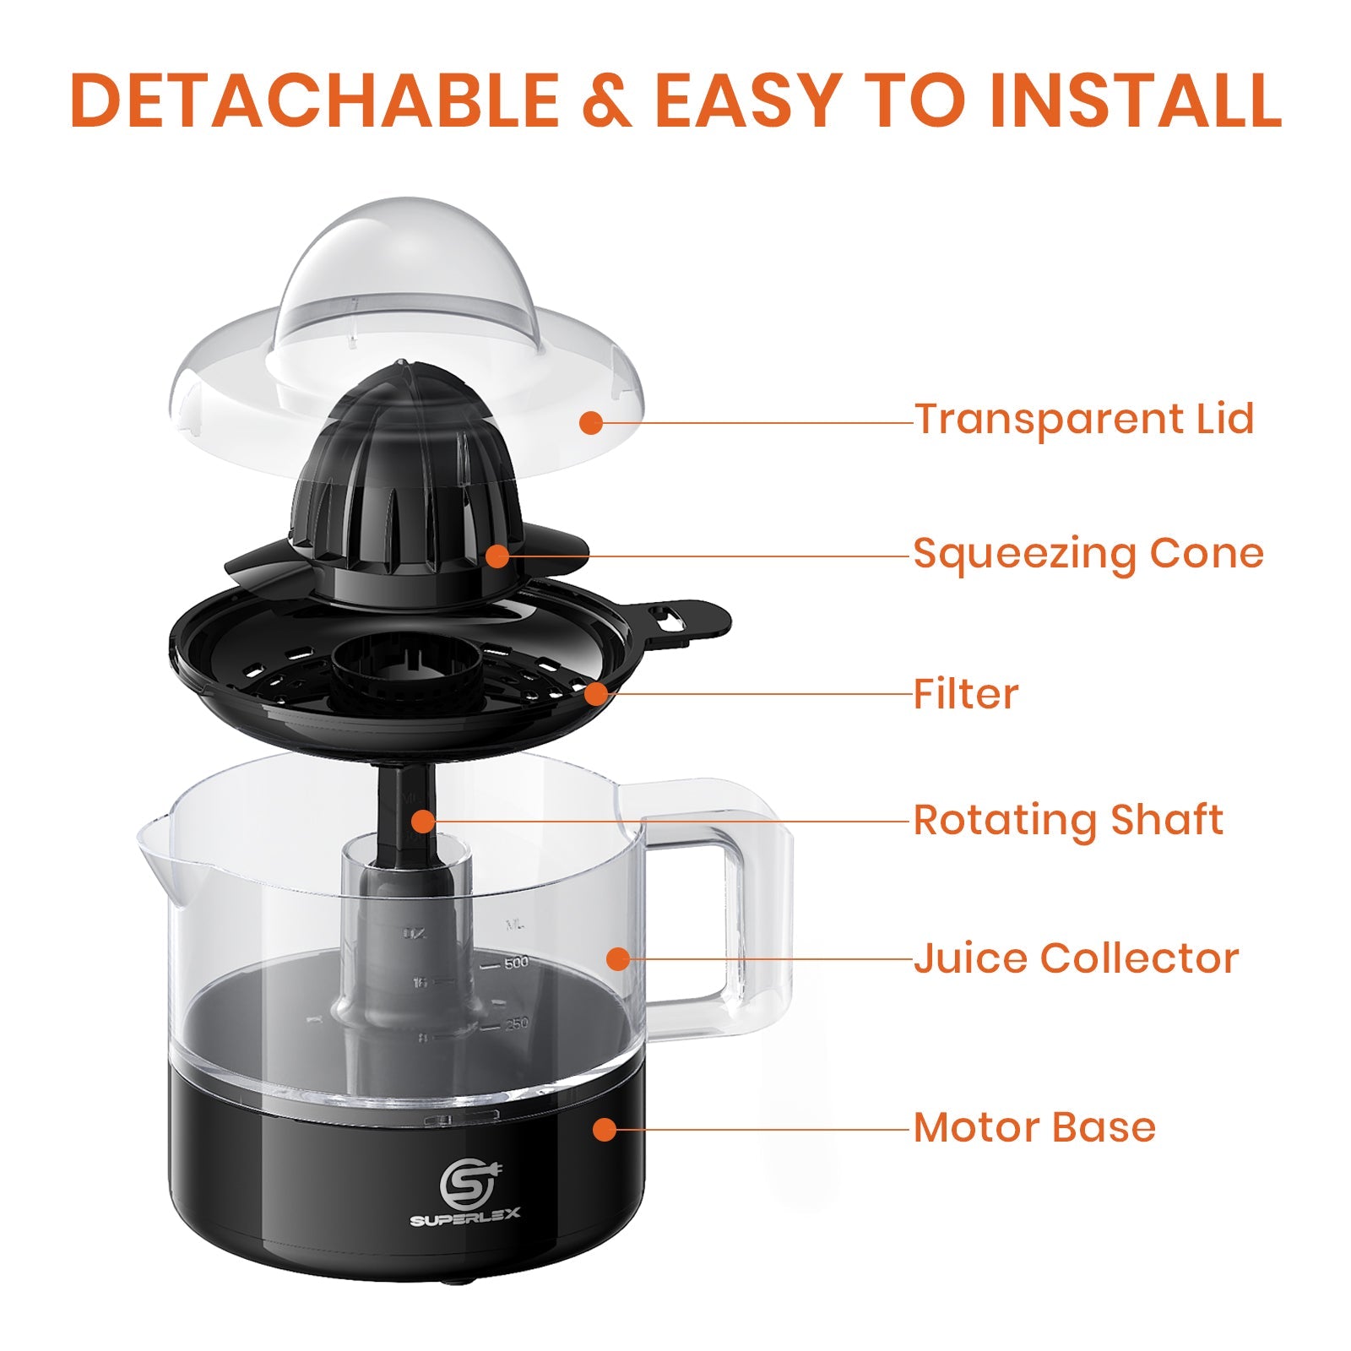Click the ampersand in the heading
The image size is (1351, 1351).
pyautogui.click(x=605, y=101)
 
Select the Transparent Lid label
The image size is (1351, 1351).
pyautogui.click(x=1084, y=419)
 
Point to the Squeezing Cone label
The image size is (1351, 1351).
pyautogui.click(x=1088, y=554)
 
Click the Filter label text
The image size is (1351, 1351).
pyautogui.click(x=966, y=694)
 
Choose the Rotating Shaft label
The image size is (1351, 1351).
pyautogui.click(x=1068, y=820)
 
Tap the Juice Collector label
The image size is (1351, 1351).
pyautogui.click(x=1076, y=958)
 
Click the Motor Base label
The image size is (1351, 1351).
pyautogui.click(x=1034, y=1127)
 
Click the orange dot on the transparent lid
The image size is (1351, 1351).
pyautogui.click(x=591, y=423)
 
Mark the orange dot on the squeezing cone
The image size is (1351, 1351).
pyautogui.click(x=498, y=556)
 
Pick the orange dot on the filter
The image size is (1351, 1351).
pyautogui.click(x=596, y=694)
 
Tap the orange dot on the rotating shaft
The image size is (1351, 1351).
pyautogui.click(x=423, y=821)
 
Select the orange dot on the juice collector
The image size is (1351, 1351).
pyautogui.click(x=619, y=959)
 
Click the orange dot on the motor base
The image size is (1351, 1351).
pyautogui.click(x=605, y=1129)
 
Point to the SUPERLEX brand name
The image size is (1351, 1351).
pyautogui.click(x=465, y=1220)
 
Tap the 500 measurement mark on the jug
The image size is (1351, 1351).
pyautogui.click(x=515, y=963)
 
